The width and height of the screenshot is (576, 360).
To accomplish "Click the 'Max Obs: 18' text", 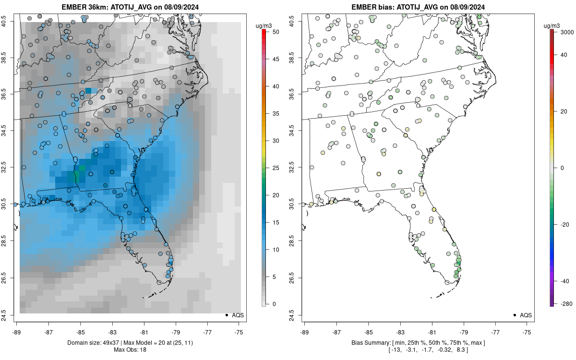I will pyautogui.click(x=130, y=349).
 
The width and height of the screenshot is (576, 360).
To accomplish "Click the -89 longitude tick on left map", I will pyautogui.click(x=17, y=332).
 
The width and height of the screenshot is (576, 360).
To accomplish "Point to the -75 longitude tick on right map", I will pyautogui.click(x=528, y=332).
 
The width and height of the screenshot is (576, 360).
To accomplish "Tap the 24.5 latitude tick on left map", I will pyautogui.click(x=10, y=315).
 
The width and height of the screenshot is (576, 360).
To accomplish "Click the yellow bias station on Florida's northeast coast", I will pyautogui.click(x=434, y=210).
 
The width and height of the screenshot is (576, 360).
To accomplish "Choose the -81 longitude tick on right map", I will pyautogui.click(x=432, y=332).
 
